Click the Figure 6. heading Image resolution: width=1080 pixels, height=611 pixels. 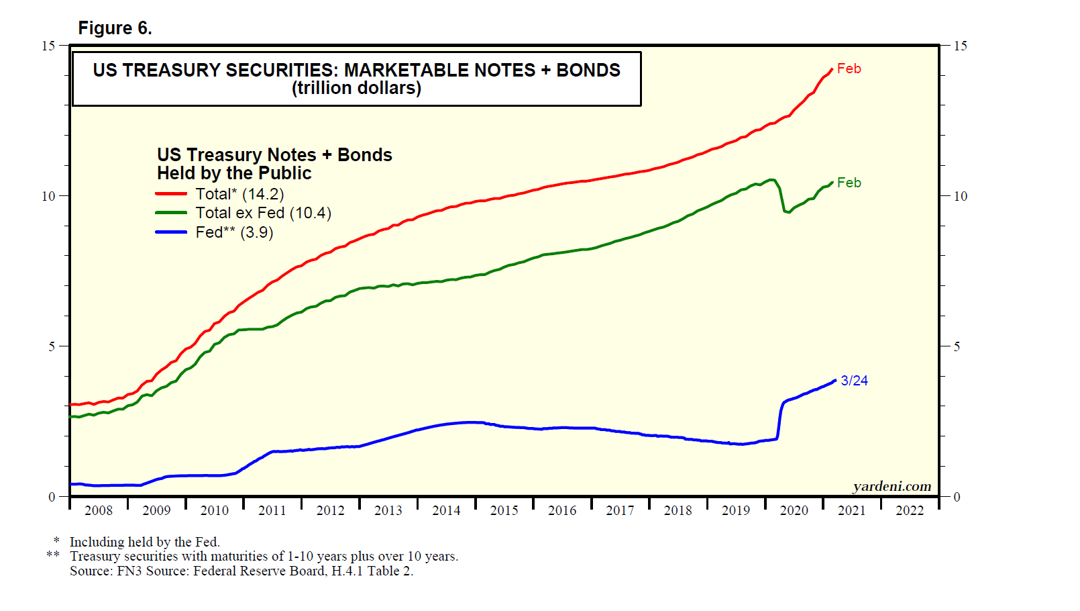click(x=115, y=28)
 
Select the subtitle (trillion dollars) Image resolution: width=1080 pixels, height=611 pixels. click(x=356, y=89)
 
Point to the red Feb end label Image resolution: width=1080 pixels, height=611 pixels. click(x=849, y=68)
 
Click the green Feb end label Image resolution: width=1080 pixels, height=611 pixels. click(x=849, y=183)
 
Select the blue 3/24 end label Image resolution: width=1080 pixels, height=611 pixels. click(x=854, y=381)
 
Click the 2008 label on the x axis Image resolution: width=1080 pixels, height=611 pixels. click(x=99, y=510)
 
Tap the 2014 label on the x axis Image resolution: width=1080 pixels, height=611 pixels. click(x=446, y=510)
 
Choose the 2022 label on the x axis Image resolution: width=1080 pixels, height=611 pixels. click(x=910, y=510)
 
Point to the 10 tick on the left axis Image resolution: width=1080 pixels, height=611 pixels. click(x=48, y=196)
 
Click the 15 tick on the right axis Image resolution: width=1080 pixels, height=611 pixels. click(x=960, y=46)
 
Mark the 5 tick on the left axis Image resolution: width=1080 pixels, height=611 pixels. click(x=52, y=346)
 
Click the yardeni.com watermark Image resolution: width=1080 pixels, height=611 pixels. click(x=892, y=486)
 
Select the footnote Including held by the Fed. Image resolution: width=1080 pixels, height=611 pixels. click(x=144, y=542)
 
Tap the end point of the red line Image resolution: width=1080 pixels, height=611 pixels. click(x=832, y=69)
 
